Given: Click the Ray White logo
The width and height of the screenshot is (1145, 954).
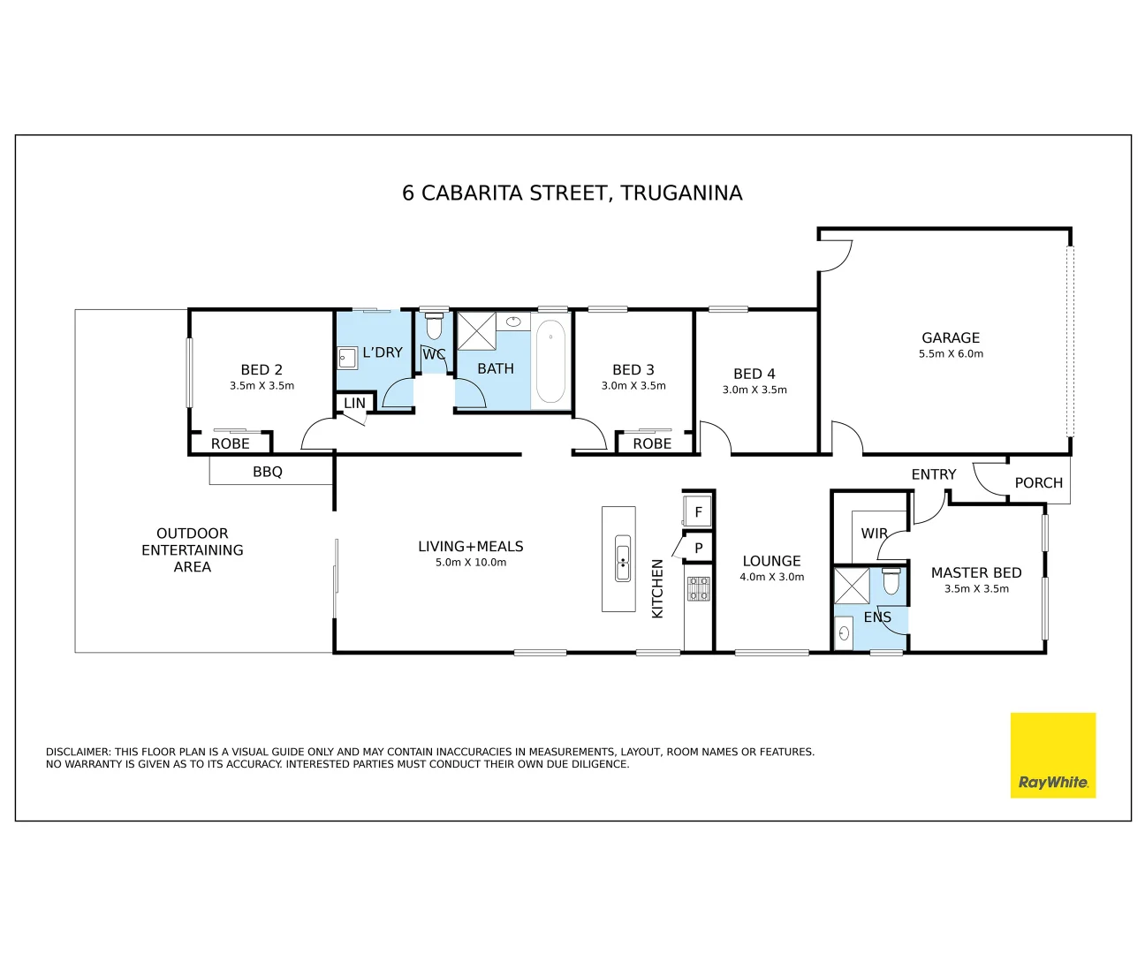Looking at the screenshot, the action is point(1052,755).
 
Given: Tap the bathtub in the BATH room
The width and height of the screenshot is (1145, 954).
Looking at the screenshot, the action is point(550,361).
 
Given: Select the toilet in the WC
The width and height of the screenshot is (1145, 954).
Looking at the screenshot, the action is point(434,326).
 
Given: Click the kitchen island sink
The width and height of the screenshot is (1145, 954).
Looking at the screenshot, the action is point(622,558).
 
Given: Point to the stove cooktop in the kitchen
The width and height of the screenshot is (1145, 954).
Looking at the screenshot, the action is point(699,588).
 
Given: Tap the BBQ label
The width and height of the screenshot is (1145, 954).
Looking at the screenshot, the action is point(268,472).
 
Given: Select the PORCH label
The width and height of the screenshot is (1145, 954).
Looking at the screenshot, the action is point(1039,482).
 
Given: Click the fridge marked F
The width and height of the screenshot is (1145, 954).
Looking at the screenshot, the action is point(698,511).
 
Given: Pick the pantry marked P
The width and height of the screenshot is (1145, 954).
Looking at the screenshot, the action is point(698,547).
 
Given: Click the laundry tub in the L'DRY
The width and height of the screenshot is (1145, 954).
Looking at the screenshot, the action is point(347,358).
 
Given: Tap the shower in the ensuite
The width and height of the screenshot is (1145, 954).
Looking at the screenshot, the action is point(851,586).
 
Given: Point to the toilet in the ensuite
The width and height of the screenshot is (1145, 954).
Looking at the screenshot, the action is point(891,581).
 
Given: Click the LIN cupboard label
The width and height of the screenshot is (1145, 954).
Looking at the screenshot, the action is point(354,403).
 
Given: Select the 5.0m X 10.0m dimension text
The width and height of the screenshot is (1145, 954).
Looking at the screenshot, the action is point(471,562).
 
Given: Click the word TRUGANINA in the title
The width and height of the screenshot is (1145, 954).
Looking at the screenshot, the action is point(682,193).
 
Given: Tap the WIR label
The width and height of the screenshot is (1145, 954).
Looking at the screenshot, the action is point(874,533).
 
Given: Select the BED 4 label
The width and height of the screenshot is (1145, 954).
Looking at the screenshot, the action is point(754,374).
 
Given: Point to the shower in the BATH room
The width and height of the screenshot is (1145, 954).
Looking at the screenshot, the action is point(476,331).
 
